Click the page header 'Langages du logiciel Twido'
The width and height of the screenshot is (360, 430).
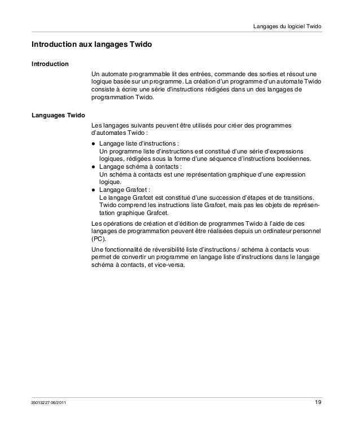288,27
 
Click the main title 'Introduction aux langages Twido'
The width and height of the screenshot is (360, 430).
91,43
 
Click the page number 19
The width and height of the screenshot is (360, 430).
319,402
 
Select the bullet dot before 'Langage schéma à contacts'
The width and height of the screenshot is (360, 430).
94,168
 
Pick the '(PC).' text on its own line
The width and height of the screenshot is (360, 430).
99,238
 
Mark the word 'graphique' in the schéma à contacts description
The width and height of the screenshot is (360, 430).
236,175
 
